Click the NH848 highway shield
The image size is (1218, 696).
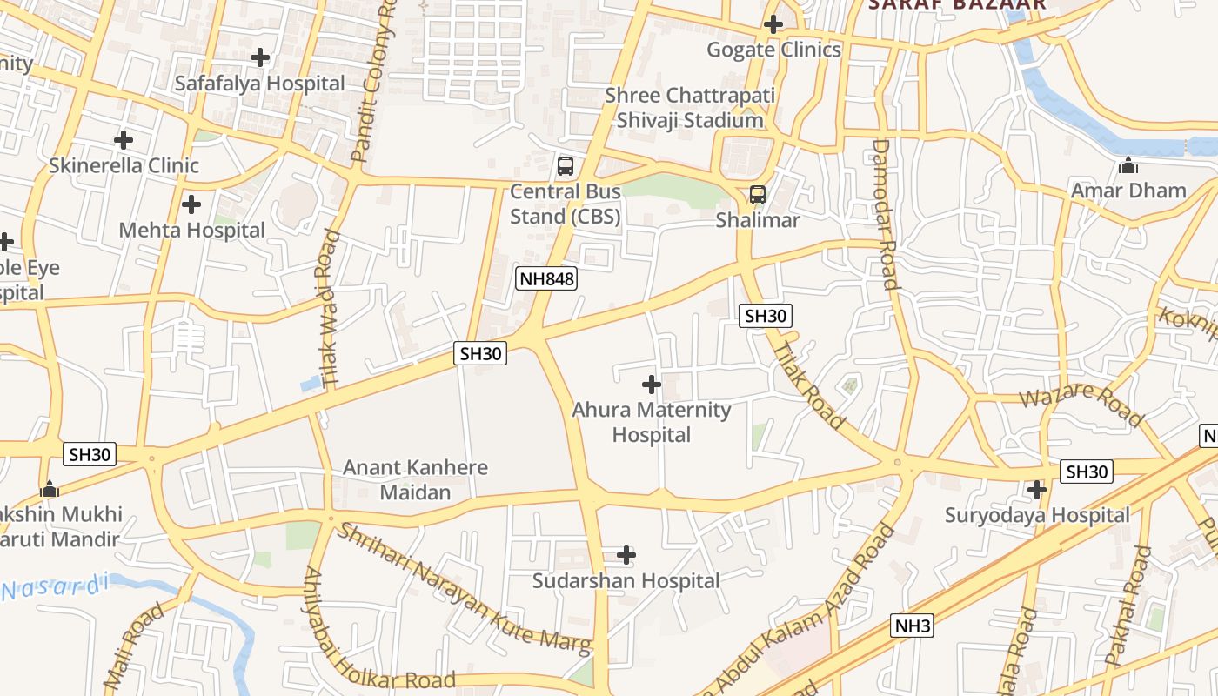(546, 278)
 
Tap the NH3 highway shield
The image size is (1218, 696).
(913, 626)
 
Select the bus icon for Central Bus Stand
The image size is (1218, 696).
(565, 165)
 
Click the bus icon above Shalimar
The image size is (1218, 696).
(758, 195)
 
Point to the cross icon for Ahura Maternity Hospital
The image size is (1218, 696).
(651, 384)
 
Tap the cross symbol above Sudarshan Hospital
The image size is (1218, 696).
(626, 554)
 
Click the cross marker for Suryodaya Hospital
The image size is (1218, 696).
(1036, 490)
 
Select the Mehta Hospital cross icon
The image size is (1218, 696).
(191, 204)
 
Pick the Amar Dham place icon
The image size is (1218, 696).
(1128, 164)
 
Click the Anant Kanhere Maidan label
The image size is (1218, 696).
(415, 479)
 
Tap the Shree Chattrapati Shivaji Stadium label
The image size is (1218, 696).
(689, 108)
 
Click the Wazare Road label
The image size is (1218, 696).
(1081, 405)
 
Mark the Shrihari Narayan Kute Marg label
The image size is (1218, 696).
(464, 588)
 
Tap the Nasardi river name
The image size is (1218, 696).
(54, 587)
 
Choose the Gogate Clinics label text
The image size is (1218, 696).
(773, 50)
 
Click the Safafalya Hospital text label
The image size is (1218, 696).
(259, 84)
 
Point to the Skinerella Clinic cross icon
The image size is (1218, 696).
(124, 139)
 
